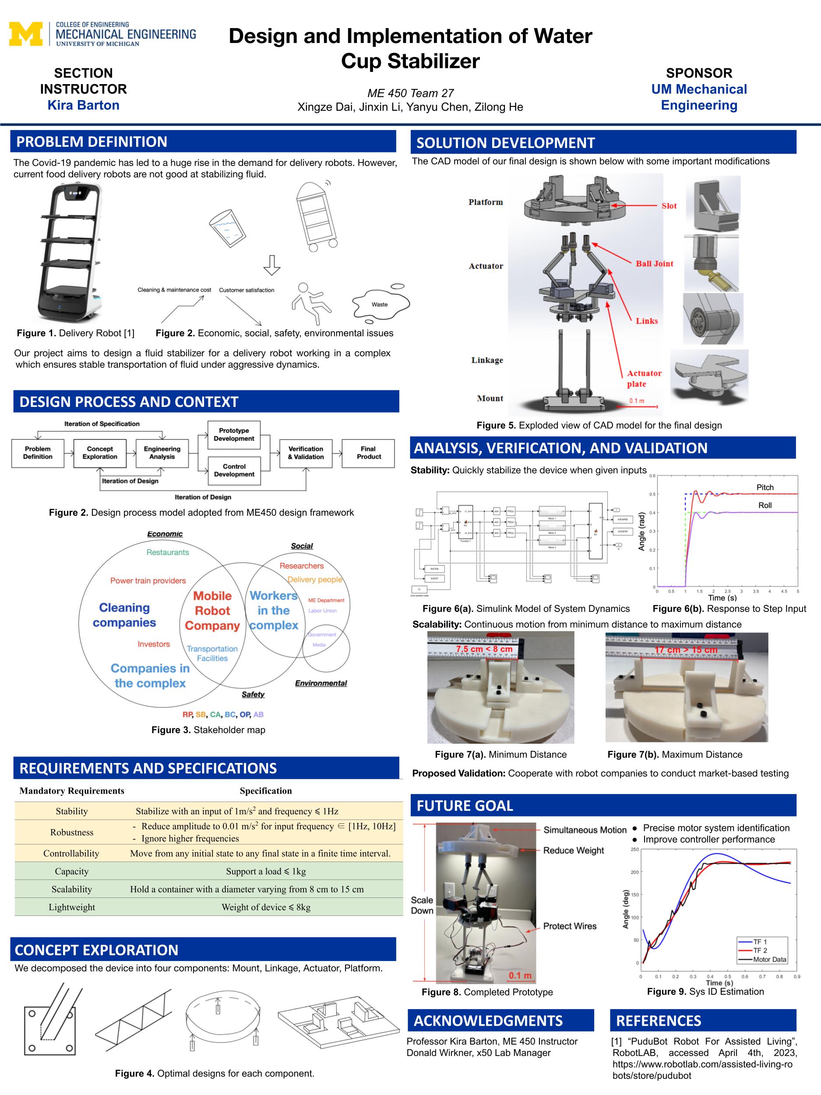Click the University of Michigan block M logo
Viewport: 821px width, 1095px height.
coord(25,34)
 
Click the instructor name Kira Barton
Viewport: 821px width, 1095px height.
coord(83,106)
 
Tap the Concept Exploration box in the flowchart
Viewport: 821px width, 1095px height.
coord(99,453)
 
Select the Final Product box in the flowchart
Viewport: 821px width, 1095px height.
coord(368,453)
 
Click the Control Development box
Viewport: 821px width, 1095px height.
coord(234,470)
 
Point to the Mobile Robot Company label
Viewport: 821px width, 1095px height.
coord(212,611)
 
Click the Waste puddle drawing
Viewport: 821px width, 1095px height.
coord(380,304)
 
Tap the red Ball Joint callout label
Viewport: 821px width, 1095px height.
coord(654,264)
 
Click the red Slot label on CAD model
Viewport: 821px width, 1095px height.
coord(669,206)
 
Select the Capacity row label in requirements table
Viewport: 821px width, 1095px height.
coord(72,871)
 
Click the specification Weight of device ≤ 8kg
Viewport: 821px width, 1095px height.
coord(266,908)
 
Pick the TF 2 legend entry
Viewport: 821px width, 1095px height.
coord(760,950)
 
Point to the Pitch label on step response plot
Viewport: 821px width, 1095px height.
coord(765,487)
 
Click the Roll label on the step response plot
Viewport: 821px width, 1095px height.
coord(765,505)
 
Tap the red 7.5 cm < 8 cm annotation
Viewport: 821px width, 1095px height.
coord(484,649)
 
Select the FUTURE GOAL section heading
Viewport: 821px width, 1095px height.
coord(465,806)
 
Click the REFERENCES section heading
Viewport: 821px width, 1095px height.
coord(658,1021)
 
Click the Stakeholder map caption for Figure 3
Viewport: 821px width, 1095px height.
coord(208,730)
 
